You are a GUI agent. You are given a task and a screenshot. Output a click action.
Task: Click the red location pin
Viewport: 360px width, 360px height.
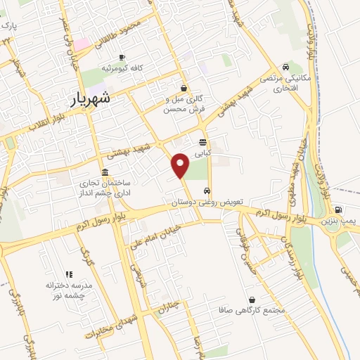coord(181,165)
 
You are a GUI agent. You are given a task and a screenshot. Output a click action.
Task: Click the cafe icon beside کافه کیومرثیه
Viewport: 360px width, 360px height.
coord(122,57)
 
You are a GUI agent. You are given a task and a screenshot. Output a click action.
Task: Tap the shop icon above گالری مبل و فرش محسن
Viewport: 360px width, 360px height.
coord(184,88)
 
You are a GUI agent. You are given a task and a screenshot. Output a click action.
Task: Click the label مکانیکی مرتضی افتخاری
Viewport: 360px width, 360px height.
coord(281,83)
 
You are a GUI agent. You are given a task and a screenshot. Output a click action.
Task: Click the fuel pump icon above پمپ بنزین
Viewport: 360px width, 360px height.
coord(338,210)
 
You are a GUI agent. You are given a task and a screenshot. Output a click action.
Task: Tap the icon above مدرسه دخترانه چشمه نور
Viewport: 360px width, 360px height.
coord(69,274)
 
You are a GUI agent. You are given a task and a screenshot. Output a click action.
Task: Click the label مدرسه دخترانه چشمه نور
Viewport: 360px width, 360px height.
coord(70,290)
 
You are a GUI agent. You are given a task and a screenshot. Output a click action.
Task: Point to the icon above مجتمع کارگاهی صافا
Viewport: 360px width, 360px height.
coord(252,300)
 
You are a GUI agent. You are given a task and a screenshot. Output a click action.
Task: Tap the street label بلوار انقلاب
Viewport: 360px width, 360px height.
coord(26,127)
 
